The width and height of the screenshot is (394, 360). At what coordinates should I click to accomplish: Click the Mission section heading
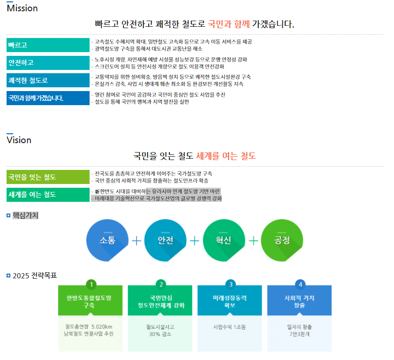pos(22,8)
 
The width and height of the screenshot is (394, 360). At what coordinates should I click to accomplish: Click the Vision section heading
pos(19,140)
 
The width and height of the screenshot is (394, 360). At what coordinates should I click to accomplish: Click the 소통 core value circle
pos(107,240)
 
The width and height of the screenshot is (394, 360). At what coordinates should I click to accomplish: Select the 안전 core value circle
pos(166,240)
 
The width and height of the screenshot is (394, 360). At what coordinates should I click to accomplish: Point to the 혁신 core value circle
pos(224,240)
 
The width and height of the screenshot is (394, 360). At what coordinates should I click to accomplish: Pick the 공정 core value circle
pos(282,240)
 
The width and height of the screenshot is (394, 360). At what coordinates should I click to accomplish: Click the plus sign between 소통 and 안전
pos(136,241)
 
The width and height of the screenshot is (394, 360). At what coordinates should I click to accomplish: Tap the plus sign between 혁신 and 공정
pos(253,241)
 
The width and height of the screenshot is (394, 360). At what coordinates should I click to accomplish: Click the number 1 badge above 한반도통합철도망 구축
pos(92,284)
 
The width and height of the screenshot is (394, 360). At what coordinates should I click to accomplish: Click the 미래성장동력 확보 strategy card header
pos(230,301)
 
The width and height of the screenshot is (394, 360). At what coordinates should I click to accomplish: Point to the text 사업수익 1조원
pos(230,327)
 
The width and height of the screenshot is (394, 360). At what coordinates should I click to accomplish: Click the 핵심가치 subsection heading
pos(25,215)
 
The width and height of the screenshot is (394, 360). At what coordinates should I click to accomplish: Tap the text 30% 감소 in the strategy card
pos(160,334)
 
